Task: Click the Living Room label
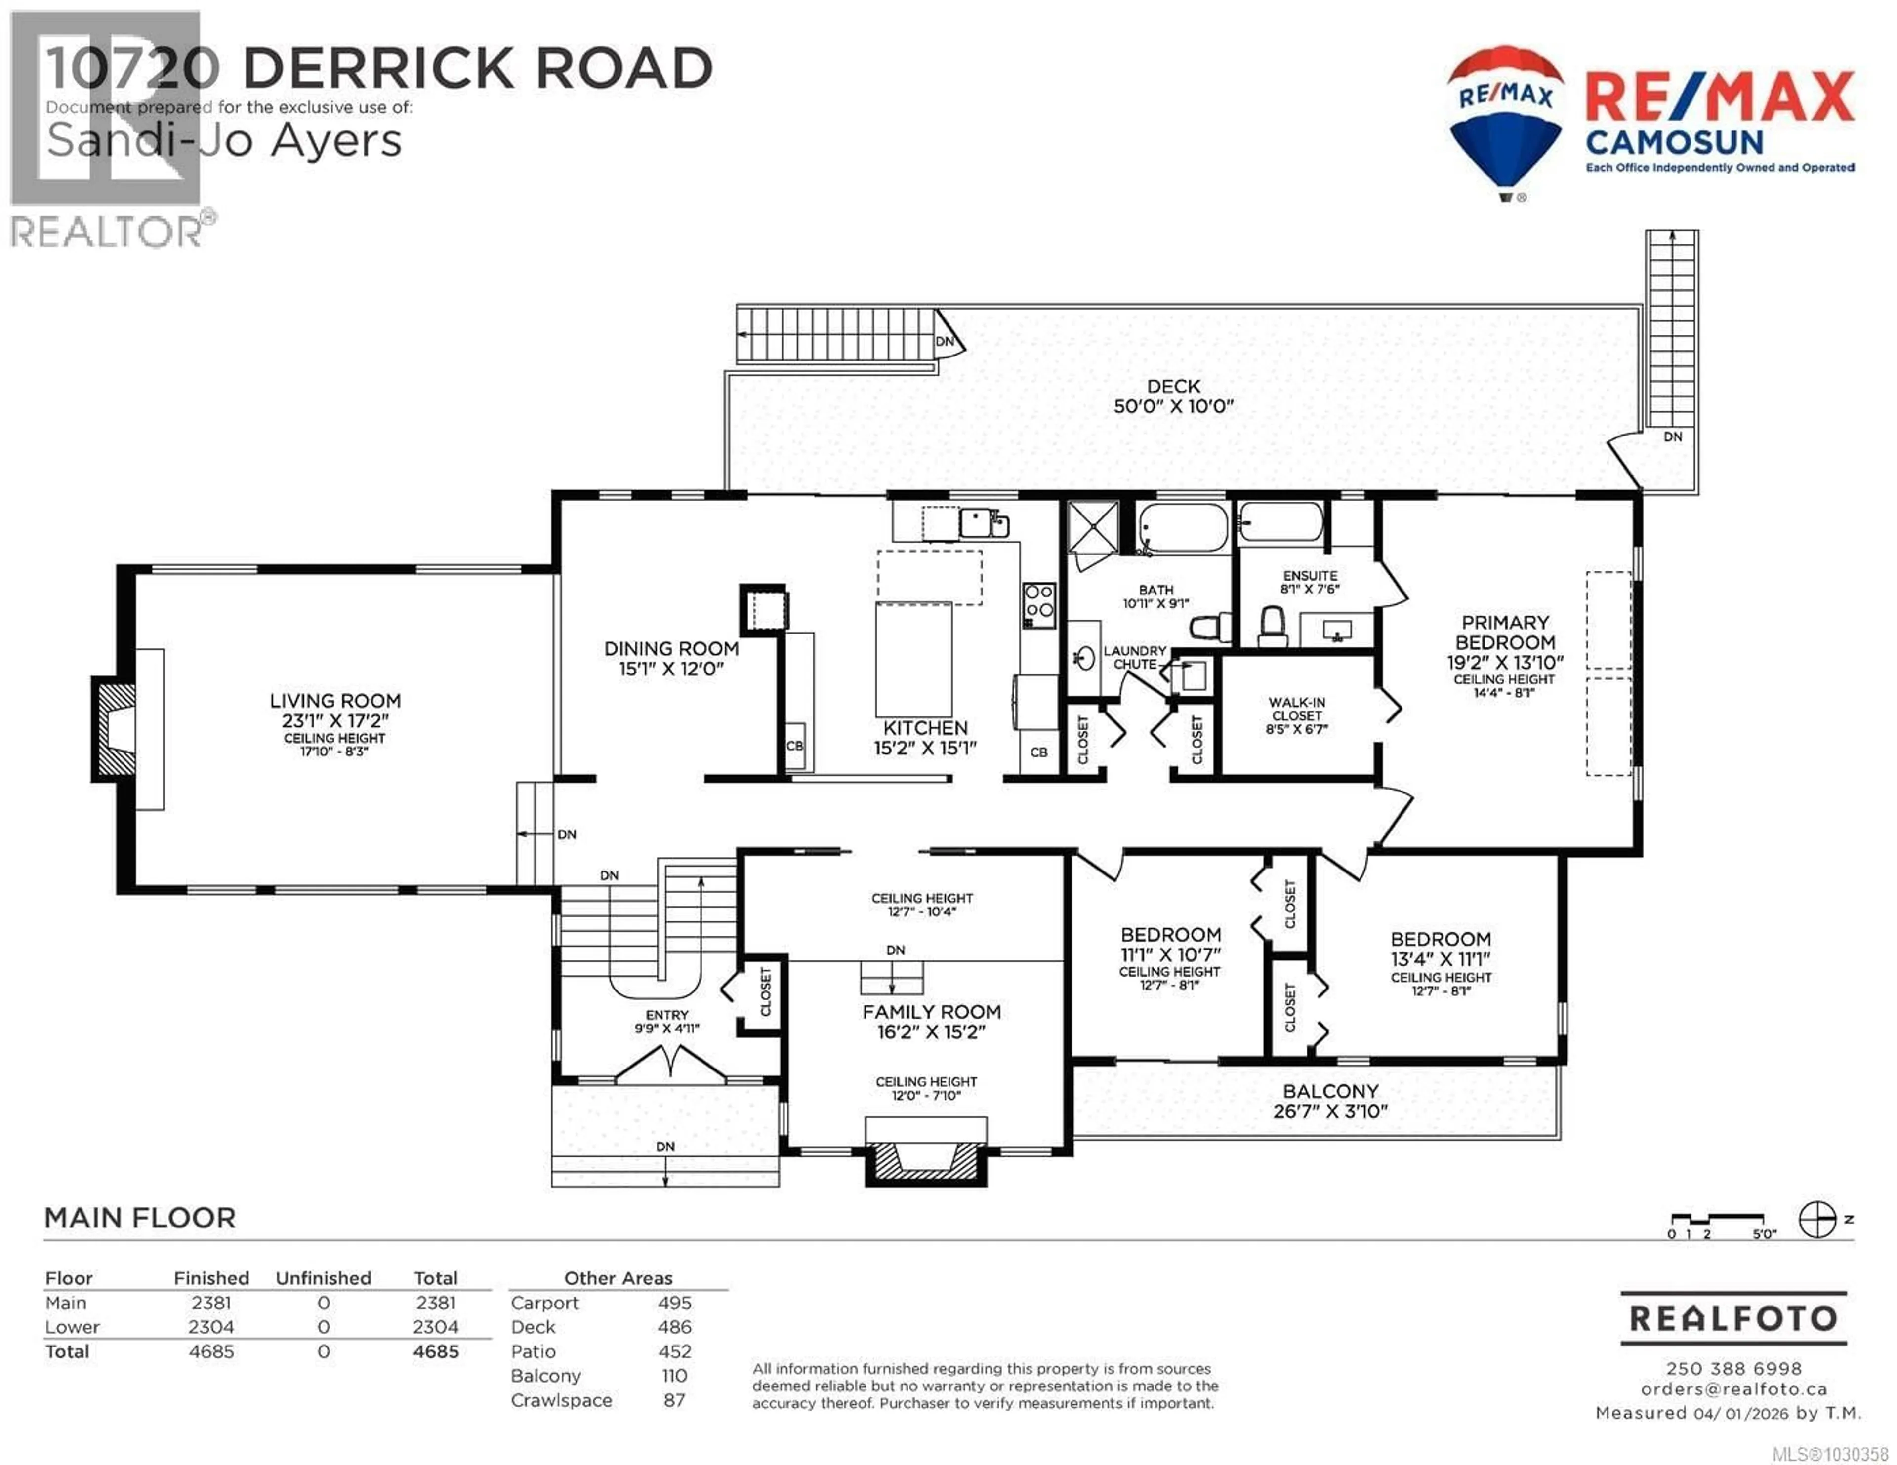(335, 701)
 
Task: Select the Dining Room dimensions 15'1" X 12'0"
(670, 669)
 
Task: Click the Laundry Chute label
(1134, 657)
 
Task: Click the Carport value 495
(674, 1303)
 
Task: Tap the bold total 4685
(435, 1351)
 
